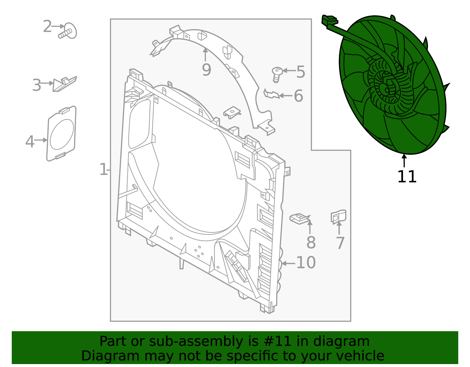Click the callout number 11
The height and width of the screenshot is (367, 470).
click(407, 177)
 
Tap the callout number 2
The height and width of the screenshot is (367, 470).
click(47, 27)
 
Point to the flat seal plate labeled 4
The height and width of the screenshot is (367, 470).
click(61, 134)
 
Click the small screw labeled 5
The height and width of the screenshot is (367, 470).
click(277, 74)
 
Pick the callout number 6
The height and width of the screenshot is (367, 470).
click(298, 96)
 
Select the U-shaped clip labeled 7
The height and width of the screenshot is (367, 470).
click(338, 217)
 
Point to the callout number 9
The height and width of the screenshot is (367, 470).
click(207, 70)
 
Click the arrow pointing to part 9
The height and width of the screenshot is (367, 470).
click(205, 55)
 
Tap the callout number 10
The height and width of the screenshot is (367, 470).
click(306, 263)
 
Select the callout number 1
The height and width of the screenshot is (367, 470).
click(103, 170)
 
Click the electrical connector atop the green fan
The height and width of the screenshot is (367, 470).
click(329, 21)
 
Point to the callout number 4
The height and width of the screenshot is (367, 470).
click(30, 142)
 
